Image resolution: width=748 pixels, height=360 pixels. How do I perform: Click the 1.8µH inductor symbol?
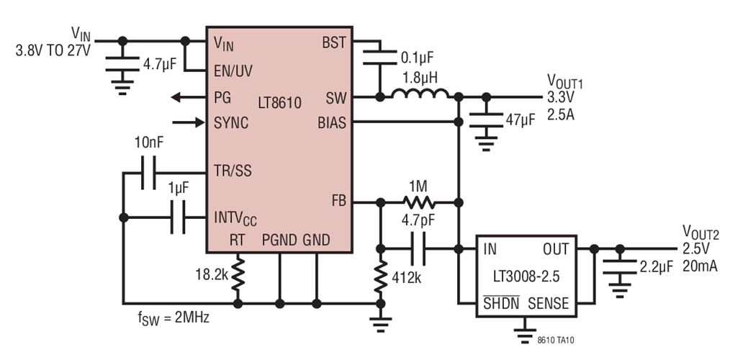coord(420,95)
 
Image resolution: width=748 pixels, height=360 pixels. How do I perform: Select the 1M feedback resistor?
coord(418,202)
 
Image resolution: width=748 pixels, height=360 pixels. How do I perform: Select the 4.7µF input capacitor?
coord(122,63)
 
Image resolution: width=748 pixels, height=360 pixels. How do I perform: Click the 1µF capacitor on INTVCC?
coord(178,217)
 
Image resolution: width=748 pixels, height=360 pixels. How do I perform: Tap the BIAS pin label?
coord(332,122)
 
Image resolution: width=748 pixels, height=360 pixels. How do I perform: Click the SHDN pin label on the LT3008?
coord(500,304)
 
